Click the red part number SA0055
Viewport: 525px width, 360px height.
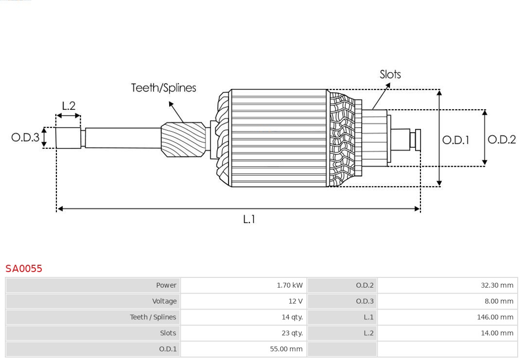pyautogui.click(x=24, y=269)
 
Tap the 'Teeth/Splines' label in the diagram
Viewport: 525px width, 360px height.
pyautogui.click(x=163, y=88)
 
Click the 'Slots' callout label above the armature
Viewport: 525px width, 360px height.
pyautogui.click(x=390, y=74)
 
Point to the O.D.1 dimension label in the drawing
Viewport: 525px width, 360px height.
pyautogui.click(x=455, y=140)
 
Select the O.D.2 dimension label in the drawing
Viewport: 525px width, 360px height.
pyautogui.click(x=501, y=140)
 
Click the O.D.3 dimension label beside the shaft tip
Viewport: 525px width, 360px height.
pyautogui.click(x=25, y=137)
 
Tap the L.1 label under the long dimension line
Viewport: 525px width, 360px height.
pyautogui.click(x=249, y=220)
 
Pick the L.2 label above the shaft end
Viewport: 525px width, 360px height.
pyautogui.click(x=69, y=106)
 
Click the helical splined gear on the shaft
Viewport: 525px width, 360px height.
pyautogui.click(x=183, y=139)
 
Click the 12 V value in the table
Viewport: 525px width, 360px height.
pyautogui.click(x=295, y=301)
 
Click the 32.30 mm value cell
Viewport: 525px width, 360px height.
pyautogui.click(x=497, y=285)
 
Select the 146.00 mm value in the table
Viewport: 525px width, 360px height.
pyautogui.click(x=495, y=317)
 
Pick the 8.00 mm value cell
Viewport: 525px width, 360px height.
pyautogui.click(x=498, y=301)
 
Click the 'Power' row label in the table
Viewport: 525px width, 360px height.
pyautogui.click(x=166, y=285)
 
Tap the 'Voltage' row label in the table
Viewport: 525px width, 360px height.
pyautogui.click(x=164, y=301)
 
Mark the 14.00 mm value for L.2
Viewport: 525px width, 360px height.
pyautogui.click(x=497, y=333)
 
